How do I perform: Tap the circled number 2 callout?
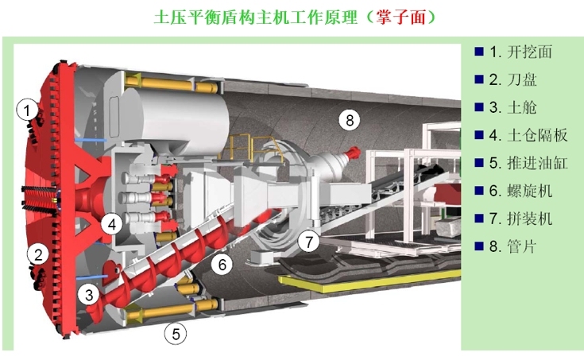tap(38, 254)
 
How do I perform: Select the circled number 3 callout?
tap(89, 295)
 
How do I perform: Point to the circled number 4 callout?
tap(113, 224)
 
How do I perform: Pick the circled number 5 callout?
tap(176, 334)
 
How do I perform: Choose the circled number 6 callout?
tap(223, 264)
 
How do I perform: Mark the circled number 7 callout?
tap(309, 241)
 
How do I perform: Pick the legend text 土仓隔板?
tap(528, 136)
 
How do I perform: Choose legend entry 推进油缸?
tap(528, 164)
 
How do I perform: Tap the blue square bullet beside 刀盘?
tap(478, 79)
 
